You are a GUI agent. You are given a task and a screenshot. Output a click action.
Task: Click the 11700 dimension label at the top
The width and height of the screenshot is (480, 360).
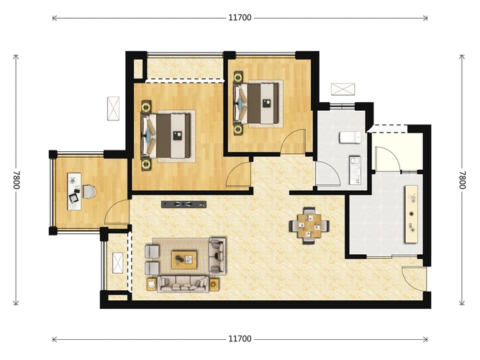(x=240, y=18)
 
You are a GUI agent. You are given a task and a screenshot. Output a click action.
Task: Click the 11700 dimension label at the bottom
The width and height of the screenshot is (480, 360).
(x=240, y=339)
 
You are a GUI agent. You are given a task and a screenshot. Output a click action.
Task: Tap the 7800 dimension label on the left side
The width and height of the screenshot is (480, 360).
(x=17, y=180)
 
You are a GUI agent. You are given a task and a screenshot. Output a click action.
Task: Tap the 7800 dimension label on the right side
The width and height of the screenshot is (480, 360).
(x=462, y=180)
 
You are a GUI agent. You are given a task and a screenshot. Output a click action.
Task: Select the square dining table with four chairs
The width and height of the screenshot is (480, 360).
(x=309, y=226)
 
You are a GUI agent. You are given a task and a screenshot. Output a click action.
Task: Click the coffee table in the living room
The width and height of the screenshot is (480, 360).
(x=184, y=260)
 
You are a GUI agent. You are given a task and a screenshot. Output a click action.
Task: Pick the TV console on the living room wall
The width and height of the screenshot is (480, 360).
(x=184, y=204)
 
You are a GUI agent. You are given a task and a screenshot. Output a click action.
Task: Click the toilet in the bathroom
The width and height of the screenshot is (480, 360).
(x=350, y=138)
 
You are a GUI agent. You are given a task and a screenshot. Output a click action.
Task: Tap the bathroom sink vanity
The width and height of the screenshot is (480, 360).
(x=355, y=171)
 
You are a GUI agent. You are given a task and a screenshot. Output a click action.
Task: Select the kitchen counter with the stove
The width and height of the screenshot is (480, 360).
(x=412, y=214)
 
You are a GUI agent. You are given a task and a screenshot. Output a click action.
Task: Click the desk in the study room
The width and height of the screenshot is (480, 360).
(x=74, y=192)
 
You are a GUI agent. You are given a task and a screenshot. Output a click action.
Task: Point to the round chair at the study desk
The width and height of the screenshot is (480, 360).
(x=89, y=192)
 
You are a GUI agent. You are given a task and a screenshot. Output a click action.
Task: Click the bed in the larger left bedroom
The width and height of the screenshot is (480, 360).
(x=168, y=135)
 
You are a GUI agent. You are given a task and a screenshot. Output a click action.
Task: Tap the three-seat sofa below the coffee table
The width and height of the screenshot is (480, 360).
(x=183, y=284)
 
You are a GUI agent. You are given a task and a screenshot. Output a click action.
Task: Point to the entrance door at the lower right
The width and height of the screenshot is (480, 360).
(x=414, y=279)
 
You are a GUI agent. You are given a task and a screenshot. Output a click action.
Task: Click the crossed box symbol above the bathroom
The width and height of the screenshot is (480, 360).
(x=343, y=89)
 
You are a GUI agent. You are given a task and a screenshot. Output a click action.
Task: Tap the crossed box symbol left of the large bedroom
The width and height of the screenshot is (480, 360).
(x=113, y=109)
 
